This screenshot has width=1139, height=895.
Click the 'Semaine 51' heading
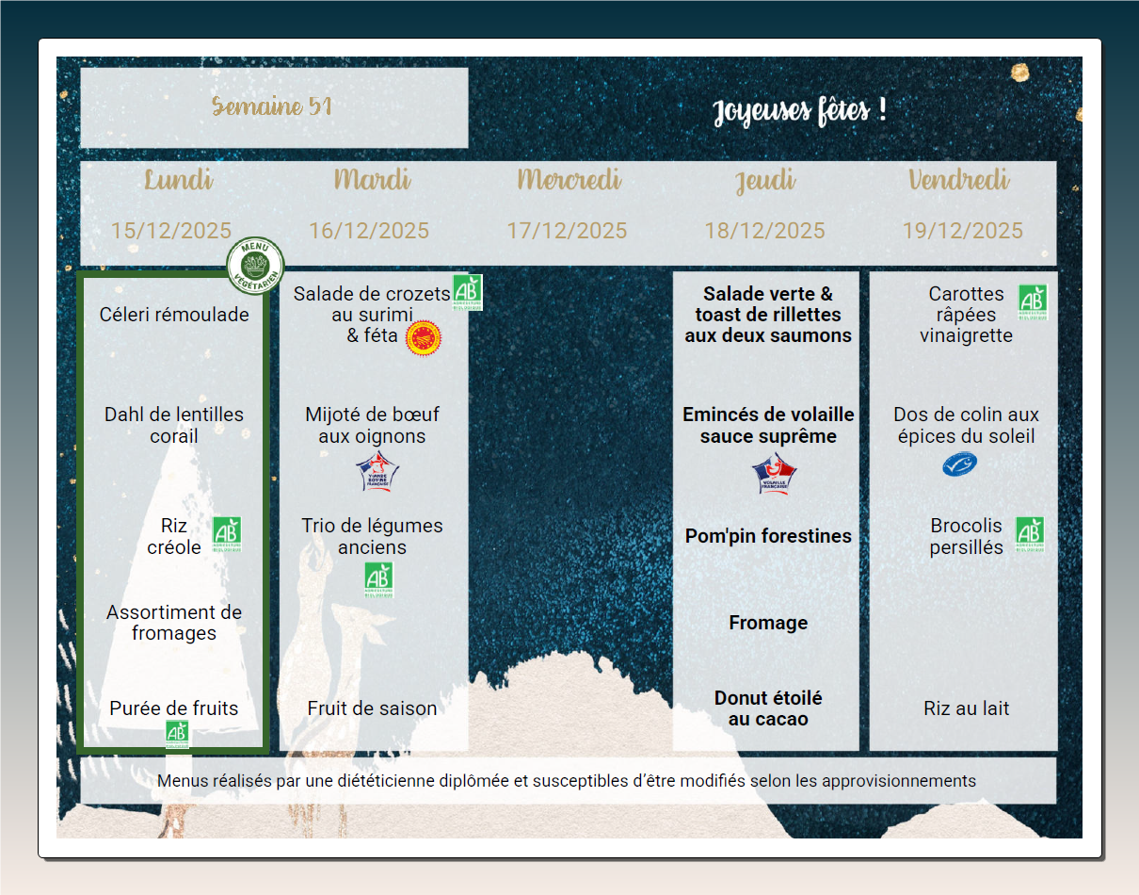272,106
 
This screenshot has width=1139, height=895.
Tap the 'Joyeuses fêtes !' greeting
799,111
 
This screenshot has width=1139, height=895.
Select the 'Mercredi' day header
569,180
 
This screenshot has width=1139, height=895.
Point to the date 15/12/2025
171,231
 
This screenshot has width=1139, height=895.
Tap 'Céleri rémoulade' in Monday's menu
174,315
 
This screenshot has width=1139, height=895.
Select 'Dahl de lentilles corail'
174,425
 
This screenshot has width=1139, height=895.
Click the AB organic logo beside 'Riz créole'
226,534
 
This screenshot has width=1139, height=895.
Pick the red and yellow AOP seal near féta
424,337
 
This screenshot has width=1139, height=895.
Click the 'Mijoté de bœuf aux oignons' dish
372,425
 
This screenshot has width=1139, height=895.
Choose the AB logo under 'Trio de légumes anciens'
378,579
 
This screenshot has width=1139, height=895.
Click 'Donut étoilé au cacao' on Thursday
768,708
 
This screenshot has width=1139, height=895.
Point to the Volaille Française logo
774,473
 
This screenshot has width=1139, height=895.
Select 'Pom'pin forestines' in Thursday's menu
768,536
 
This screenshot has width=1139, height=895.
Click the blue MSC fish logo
960,464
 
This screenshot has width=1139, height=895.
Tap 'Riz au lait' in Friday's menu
966,708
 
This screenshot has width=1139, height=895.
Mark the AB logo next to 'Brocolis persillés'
1030,534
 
